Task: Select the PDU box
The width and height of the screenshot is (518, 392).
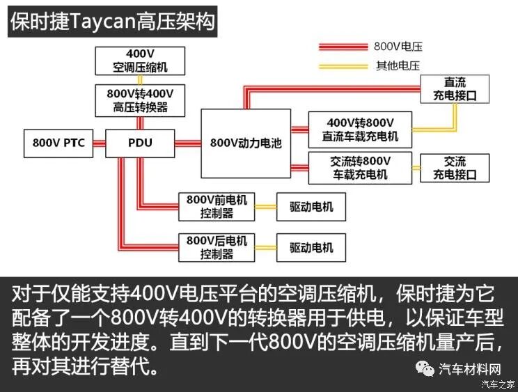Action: pos(140,143)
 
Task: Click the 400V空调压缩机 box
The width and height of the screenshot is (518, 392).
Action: pos(140,61)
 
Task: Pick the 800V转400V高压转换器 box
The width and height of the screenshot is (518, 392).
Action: pos(140,100)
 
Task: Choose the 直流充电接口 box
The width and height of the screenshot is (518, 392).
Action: pos(455,89)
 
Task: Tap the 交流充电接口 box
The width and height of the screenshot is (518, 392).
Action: pos(455,168)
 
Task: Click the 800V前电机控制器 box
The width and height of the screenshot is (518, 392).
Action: pos(217,206)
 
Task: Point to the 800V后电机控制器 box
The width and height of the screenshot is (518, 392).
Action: pos(217,247)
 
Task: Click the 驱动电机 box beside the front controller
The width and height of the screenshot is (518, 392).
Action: pos(311,207)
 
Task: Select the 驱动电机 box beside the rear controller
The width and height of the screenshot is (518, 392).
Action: pos(311,247)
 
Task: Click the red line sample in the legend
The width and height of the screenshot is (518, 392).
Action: pos(343,47)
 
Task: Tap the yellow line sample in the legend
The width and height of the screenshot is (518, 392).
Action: pos(343,67)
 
